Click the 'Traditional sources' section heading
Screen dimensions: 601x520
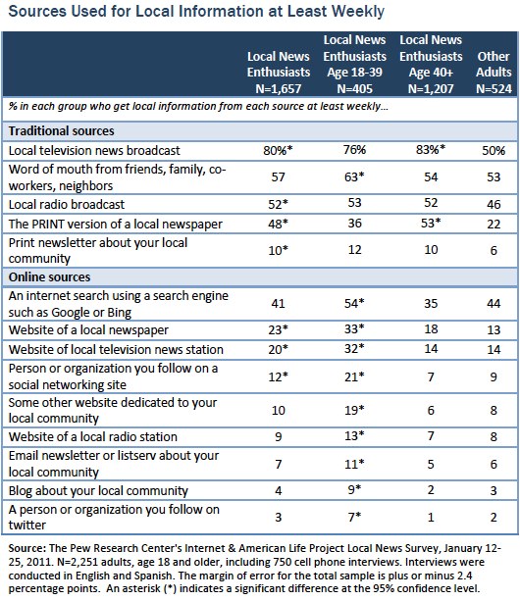[61, 130]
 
